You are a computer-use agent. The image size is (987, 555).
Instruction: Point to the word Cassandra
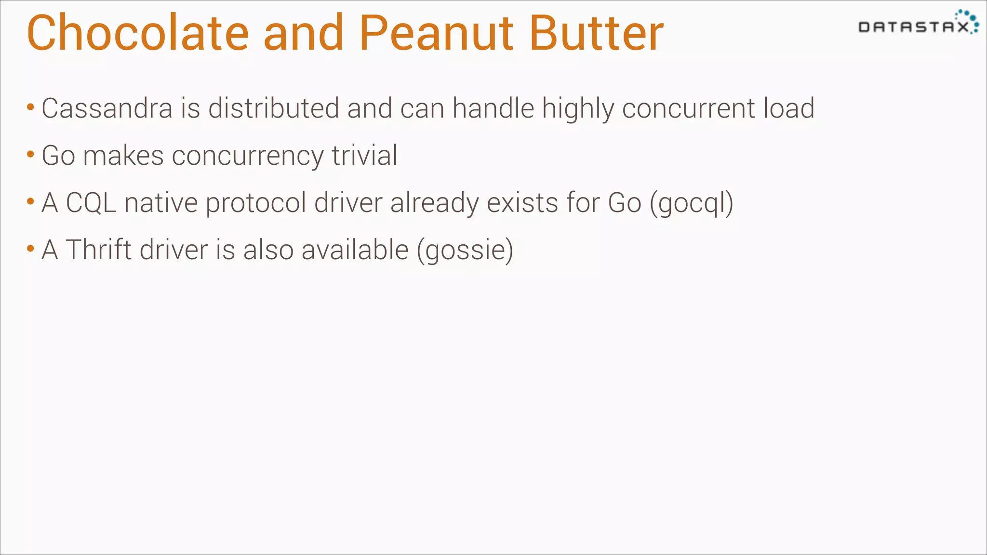click(107, 108)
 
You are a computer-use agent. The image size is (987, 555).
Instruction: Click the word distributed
click(273, 108)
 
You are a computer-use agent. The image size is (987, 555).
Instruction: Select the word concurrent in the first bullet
click(689, 108)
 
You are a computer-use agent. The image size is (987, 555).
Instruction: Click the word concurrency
click(248, 156)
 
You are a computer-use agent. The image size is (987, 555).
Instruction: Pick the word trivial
click(364, 155)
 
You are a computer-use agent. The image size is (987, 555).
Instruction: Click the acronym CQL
click(91, 202)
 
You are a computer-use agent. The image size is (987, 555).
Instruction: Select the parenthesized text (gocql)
click(692, 203)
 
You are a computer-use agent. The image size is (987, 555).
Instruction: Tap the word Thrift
click(99, 250)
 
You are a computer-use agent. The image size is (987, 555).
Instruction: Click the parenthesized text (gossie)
click(465, 250)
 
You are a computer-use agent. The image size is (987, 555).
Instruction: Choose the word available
click(355, 250)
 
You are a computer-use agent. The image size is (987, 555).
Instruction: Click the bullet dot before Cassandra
click(30, 107)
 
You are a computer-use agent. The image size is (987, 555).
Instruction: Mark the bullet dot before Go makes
click(30, 154)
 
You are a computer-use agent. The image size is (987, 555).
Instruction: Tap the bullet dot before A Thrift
click(30, 249)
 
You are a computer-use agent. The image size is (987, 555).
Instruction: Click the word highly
click(578, 108)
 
